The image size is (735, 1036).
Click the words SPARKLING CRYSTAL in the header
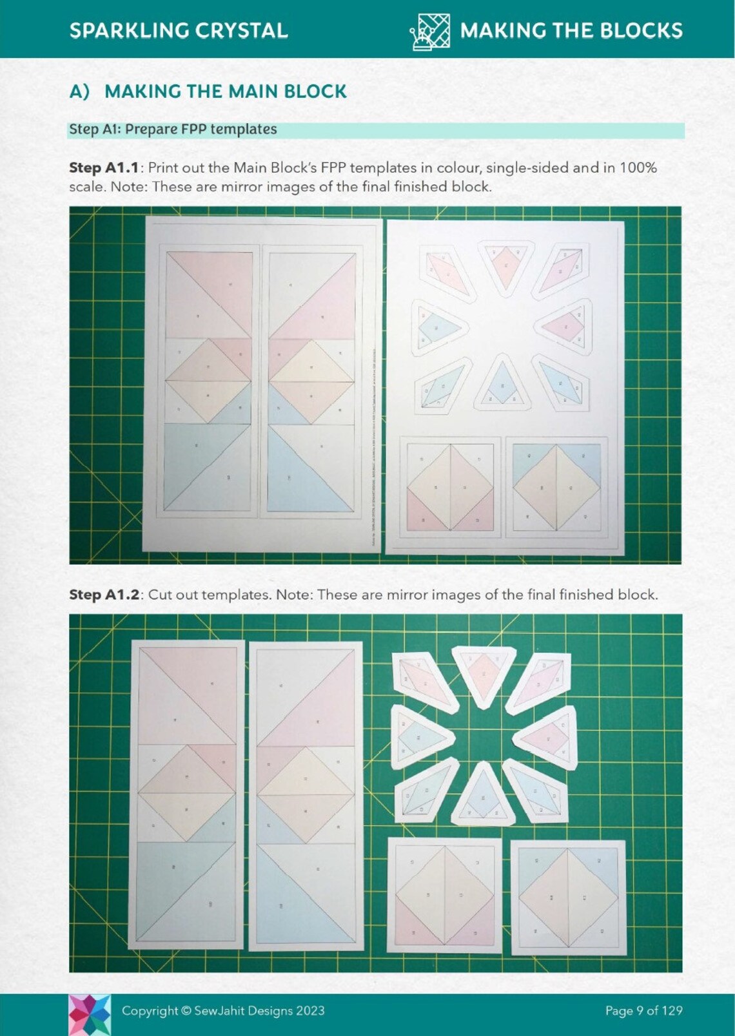(x=179, y=30)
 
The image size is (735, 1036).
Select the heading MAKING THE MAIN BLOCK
(x=225, y=91)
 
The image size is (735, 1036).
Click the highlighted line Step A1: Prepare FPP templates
(x=173, y=129)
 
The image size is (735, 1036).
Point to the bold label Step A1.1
(x=104, y=168)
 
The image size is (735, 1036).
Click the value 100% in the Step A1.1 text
(x=638, y=168)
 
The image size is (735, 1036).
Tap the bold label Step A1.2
(x=104, y=595)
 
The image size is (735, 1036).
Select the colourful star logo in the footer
(x=90, y=1014)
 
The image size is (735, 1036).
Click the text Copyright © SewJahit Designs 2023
(x=223, y=1011)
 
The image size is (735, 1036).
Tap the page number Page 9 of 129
(x=643, y=1011)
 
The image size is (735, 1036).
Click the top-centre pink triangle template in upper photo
(x=506, y=265)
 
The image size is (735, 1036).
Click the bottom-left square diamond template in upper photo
(x=450, y=487)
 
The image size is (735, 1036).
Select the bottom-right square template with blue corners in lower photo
(x=568, y=896)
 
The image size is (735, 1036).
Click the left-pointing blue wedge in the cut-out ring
(x=419, y=736)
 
